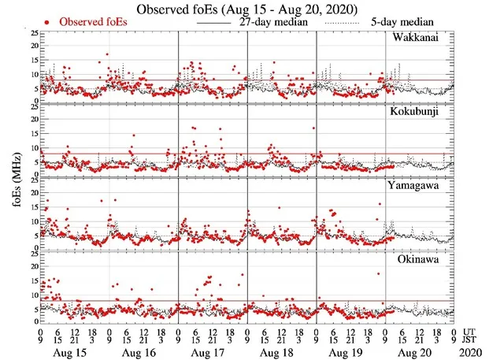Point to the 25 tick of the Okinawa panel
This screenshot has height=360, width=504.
point(31,254)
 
